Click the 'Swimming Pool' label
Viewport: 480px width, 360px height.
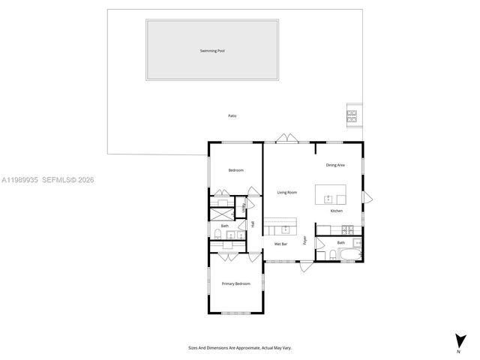pyautogui.click(x=212, y=51)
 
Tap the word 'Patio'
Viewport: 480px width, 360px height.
pyautogui.click(x=232, y=115)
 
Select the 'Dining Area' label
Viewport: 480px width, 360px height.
pyautogui.click(x=334, y=165)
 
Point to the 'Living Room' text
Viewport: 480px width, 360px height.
pyautogui.click(x=286, y=193)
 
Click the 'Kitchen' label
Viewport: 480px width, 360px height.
pyautogui.click(x=337, y=211)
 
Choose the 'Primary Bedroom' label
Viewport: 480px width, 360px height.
pyautogui.click(x=235, y=283)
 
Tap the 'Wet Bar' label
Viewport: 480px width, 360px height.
pyautogui.click(x=282, y=244)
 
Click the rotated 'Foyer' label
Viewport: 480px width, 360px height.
pyautogui.click(x=304, y=241)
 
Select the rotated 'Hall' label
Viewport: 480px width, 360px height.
pyautogui.click(x=253, y=223)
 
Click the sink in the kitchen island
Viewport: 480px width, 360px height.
pyautogui.click(x=328, y=199)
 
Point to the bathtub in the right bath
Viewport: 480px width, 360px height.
pyautogui.click(x=349, y=255)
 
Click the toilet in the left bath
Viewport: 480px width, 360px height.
pyautogui.click(x=216, y=236)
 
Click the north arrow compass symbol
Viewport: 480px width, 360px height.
pyautogui.click(x=458, y=340)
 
